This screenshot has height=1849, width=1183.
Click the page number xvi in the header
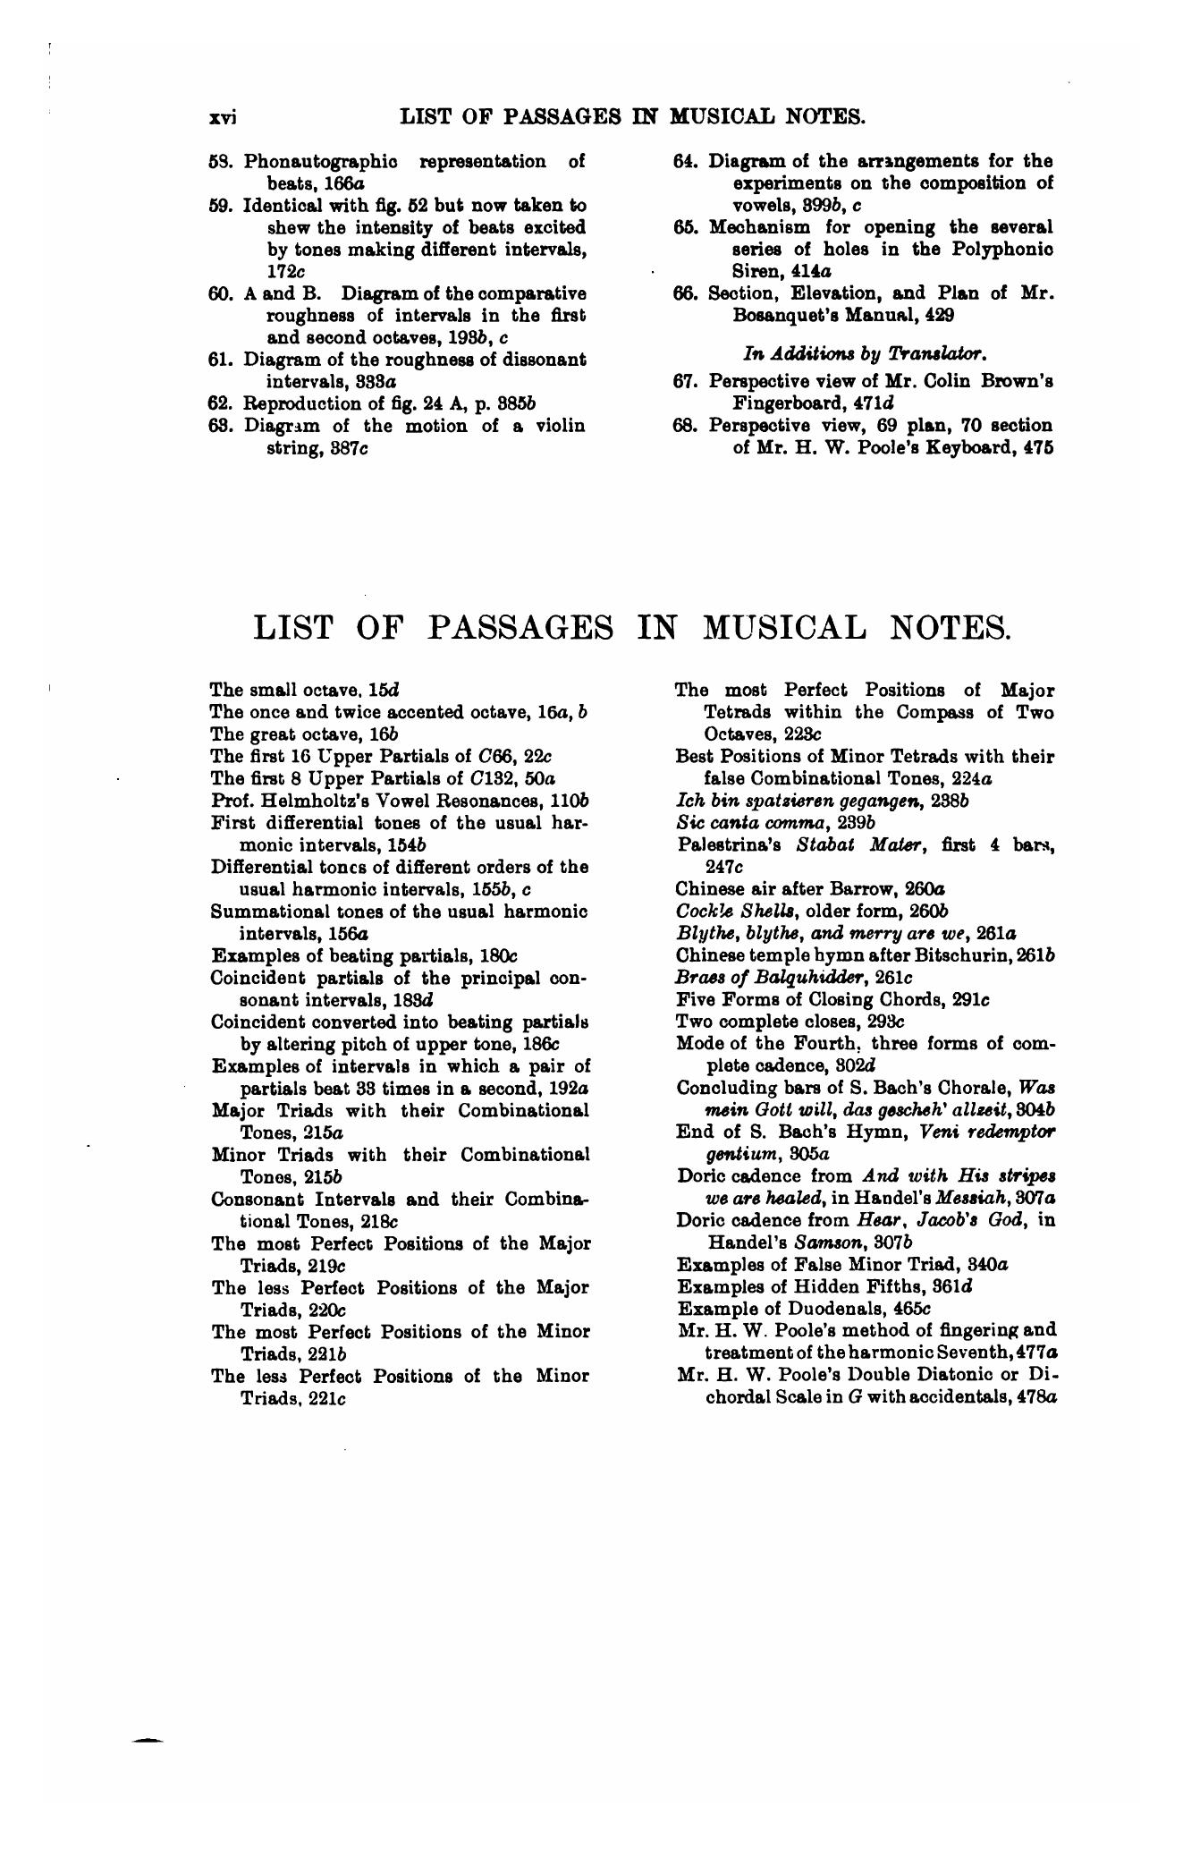click(221, 117)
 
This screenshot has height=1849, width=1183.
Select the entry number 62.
click(220, 403)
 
